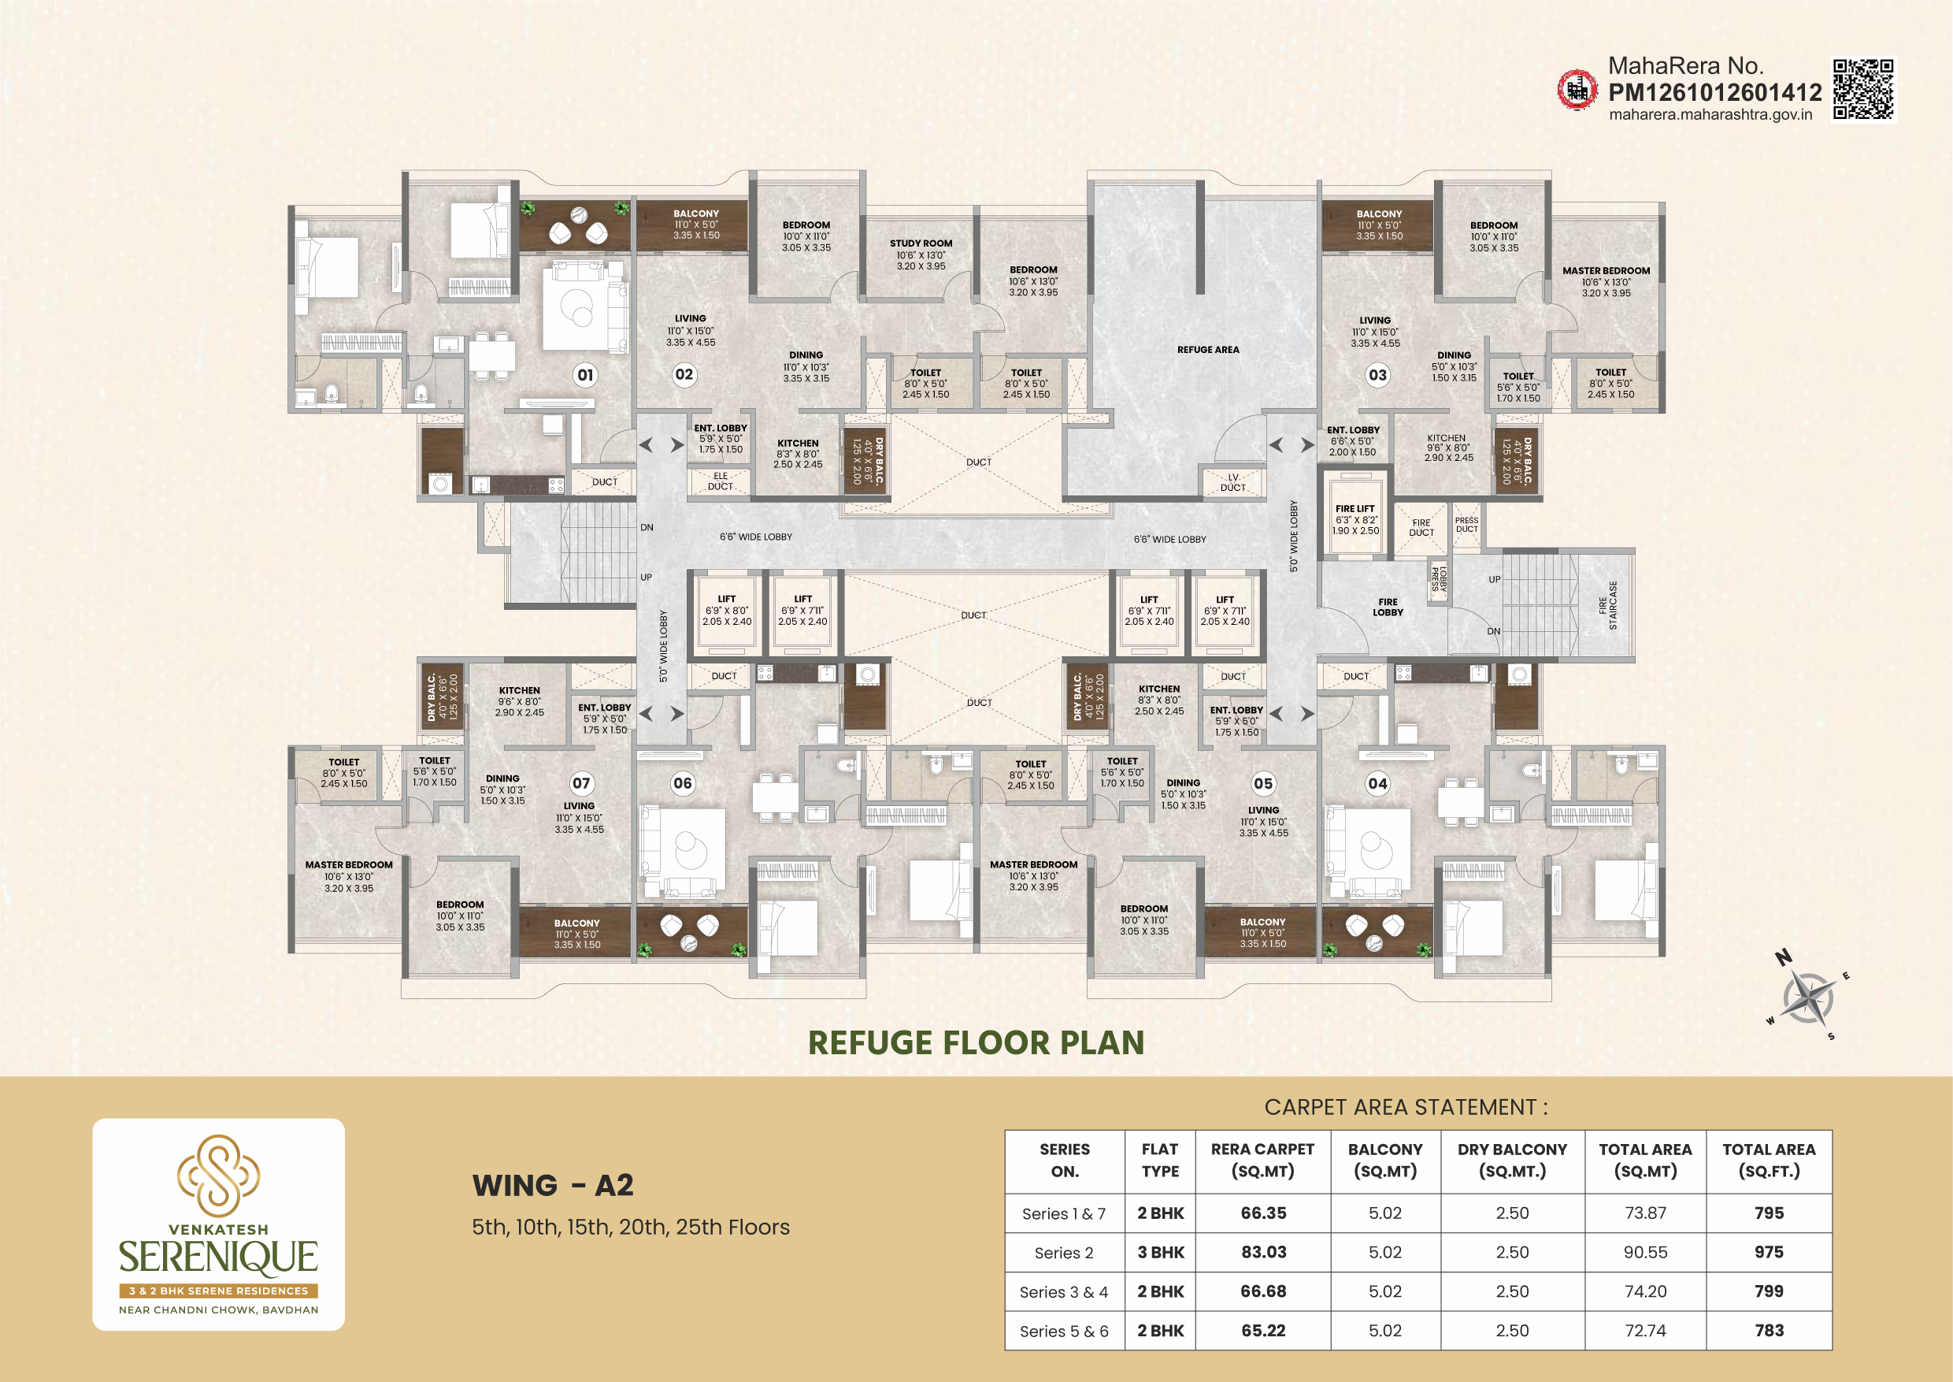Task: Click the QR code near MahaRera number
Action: click(1863, 88)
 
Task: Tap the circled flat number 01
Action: click(585, 374)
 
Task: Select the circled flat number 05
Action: click(1263, 783)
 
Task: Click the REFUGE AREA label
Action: click(1208, 350)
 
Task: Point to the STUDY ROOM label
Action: click(921, 243)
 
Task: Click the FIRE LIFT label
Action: click(1355, 509)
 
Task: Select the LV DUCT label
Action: click(1232, 482)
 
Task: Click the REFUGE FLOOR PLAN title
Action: click(976, 1042)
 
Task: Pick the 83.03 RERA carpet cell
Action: click(1263, 1252)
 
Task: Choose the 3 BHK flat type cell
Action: click(1160, 1252)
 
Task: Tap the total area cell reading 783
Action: click(1770, 1330)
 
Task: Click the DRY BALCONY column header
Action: click(1512, 1160)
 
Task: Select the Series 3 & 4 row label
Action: click(1064, 1292)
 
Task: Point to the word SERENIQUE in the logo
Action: click(219, 1258)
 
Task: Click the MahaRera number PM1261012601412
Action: click(1715, 92)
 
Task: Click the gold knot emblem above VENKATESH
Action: click(219, 1174)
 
